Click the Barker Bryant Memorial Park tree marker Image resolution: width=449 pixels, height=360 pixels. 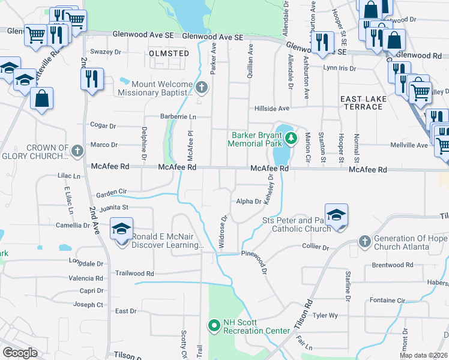click(x=291, y=139)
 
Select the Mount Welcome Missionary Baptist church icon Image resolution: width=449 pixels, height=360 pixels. click(x=202, y=88)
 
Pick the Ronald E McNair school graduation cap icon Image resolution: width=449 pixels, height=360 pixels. click(x=121, y=230)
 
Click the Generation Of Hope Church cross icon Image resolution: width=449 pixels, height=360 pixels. click(x=364, y=242)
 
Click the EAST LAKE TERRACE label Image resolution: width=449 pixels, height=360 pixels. click(x=361, y=103)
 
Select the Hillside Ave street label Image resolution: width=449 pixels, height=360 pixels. click(x=270, y=108)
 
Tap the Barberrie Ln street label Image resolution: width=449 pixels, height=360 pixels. click(x=178, y=116)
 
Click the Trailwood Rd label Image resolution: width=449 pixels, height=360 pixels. click(x=134, y=273)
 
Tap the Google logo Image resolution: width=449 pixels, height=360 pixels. click(x=20, y=353)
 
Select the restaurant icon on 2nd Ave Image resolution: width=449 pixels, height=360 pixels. click(x=92, y=79)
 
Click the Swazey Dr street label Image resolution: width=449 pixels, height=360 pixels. click(x=105, y=52)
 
